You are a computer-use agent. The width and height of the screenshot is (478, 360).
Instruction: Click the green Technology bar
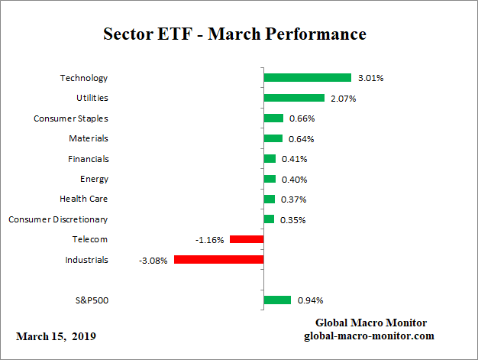(307, 78)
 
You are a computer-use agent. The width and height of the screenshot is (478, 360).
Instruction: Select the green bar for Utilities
(294, 98)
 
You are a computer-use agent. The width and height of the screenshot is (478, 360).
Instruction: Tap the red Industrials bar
(218, 260)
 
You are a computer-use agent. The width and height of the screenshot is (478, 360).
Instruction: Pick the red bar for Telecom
(247, 239)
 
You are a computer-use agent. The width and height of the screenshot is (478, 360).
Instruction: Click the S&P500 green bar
(277, 300)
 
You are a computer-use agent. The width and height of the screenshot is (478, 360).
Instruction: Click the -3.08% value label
(153, 260)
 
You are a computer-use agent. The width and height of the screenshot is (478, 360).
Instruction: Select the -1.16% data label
(209, 239)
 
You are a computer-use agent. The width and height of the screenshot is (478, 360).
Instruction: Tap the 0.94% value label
(308, 300)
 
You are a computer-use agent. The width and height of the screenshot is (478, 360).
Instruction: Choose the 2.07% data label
(343, 99)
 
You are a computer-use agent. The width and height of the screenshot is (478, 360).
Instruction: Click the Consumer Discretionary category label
(58, 219)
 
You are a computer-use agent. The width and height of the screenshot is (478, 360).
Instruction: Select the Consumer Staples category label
(71, 118)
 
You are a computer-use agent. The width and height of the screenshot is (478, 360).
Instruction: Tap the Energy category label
(94, 179)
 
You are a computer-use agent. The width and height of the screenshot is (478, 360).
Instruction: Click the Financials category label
(89, 159)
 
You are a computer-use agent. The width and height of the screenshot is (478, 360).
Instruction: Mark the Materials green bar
(273, 138)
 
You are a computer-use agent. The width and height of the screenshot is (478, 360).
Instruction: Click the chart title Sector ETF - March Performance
(234, 34)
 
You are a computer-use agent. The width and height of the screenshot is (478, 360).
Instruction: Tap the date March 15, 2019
(56, 336)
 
